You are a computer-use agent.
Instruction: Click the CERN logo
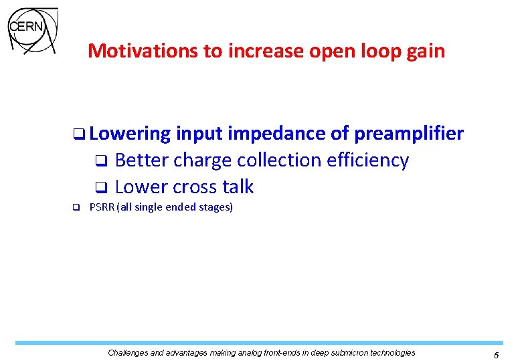point(31,29)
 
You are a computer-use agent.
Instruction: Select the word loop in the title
point(375,51)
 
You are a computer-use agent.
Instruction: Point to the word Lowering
point(130,134)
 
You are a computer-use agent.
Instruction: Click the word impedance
point(277,134)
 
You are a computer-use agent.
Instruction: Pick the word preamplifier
point(409,134)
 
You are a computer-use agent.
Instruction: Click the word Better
point(142,160)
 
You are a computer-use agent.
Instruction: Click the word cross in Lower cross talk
point(196,187)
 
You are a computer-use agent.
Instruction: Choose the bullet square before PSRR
point(76,207)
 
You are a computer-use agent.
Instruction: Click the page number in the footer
point(496,354)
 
